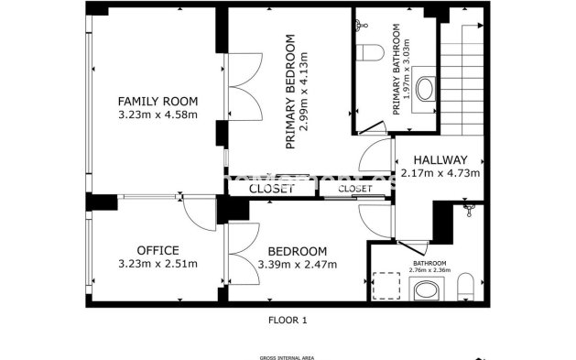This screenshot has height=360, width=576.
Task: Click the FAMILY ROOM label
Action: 158,101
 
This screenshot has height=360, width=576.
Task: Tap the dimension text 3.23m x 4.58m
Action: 158,115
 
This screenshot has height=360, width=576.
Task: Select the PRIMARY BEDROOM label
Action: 290,92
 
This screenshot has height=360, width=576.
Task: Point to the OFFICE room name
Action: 158,250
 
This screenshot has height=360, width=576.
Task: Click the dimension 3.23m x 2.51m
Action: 158,264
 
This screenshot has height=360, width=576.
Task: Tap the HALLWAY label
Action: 440,158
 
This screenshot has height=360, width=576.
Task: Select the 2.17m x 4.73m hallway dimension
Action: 440,172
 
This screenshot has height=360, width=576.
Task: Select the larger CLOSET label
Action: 272,189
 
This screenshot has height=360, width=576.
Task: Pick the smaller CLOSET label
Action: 354,189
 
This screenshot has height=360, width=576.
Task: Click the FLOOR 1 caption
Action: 287,320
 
